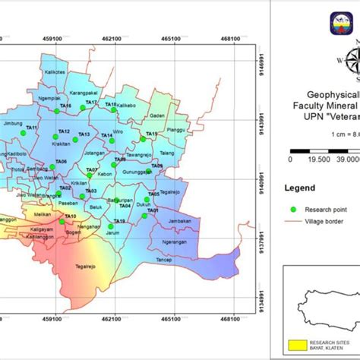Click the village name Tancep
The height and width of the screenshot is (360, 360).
click(x=164, y=258)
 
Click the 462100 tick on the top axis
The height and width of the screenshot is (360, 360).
click(x=112, y=36)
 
